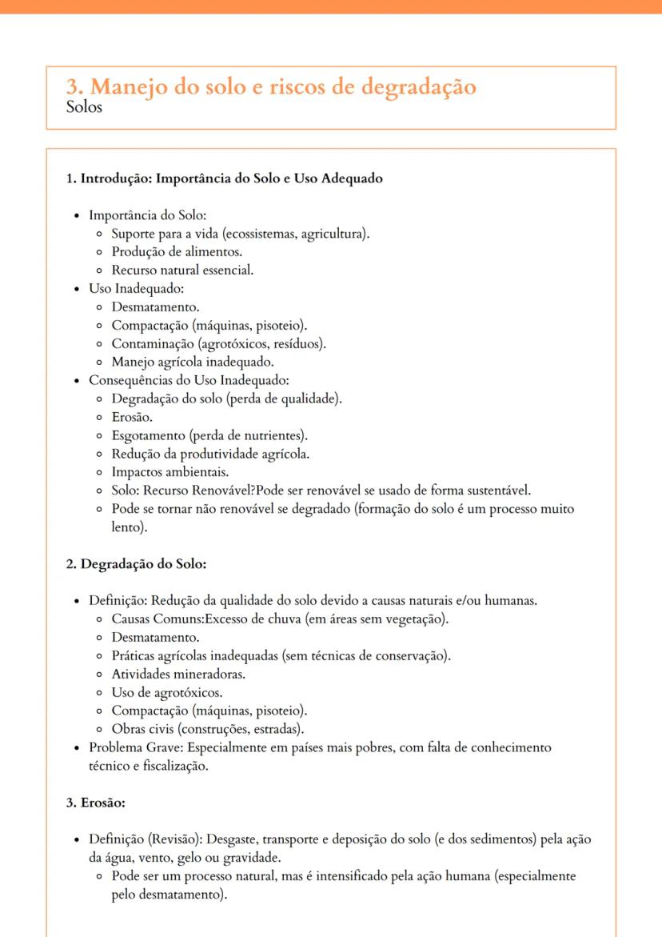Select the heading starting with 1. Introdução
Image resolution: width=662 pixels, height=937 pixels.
[224, 178]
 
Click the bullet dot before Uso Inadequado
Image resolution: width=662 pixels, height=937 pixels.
[77, 288]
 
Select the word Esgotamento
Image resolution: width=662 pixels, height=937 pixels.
[146, 435]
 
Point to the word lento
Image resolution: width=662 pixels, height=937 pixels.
[126, 528]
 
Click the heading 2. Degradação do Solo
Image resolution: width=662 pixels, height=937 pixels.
[136, 564]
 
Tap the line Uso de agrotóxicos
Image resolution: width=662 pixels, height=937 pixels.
[167, 692]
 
